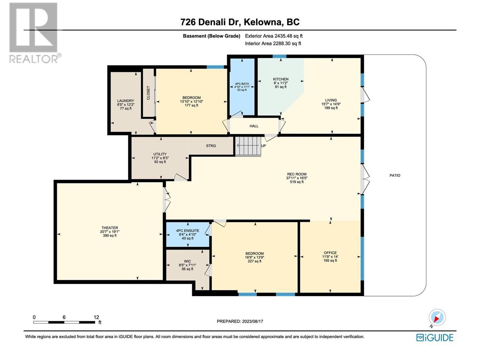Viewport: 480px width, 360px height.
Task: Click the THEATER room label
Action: pyautogui.click(x=109, y=227)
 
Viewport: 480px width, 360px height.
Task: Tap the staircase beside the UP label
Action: pyautogui.click(x=248, y=146)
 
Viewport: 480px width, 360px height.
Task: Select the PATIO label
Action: pyautogui.click(x=395, y=175)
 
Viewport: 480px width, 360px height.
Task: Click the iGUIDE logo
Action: pyautogui.click(x=434, y=338)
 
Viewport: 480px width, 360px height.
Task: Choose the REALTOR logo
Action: pyautogui.click(x=34, y=33)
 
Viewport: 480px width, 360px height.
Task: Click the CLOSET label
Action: pyautogui.click(x=148, y=93)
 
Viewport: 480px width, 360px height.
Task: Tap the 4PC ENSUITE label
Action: pyautogui.click(x=187, y=231)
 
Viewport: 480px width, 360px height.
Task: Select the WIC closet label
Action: pyautogui.click(x=187, y=261)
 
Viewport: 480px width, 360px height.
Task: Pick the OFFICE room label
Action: pyautogui.click(x=330, y=253)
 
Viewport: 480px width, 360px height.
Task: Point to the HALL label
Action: pyautogui.click(x=254, y=126)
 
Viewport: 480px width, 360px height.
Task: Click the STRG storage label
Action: pyautogui.click(x=211, y=145)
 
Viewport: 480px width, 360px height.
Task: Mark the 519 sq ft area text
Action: pyautogui.click(x=297, y=181)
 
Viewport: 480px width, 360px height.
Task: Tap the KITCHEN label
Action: pyautogui.click(x=281, y=79)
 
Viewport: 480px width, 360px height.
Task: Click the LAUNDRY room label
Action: pyautogui.click(x=125, y=101)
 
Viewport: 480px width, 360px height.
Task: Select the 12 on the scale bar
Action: pyautogui.click(x=96, y=317)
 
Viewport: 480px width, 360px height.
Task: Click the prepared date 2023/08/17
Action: pyautogui.click(x=253, y=321)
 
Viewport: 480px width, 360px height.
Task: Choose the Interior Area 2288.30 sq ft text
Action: pyautogui.click(x=273, y=43)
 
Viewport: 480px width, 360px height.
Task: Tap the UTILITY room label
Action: pyautogui.click(x=160, y=154)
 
